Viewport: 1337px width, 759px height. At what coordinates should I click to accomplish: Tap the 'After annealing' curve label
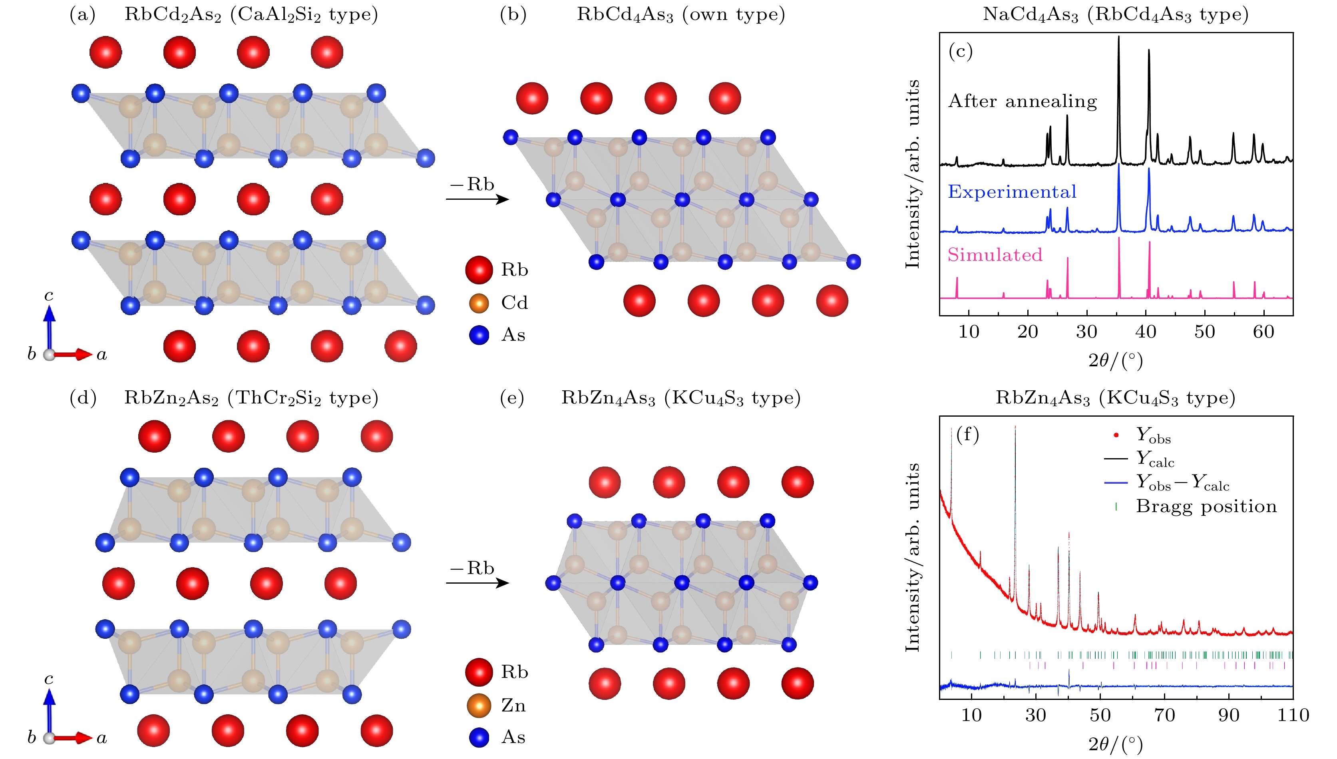[x=1022, y=101]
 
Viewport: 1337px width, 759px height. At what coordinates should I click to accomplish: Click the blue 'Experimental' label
[x=1012, y=192]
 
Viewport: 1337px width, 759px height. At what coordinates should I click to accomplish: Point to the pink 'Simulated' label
[x=995, y=255]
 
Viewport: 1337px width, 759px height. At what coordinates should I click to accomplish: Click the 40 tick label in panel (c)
[x=1146, y=332]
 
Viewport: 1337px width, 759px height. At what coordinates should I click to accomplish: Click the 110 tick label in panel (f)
[x=1293, y=715]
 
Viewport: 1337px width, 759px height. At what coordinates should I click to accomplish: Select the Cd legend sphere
[x=479, y=303]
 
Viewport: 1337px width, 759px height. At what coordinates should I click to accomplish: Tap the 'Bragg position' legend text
[x=1206, y=507]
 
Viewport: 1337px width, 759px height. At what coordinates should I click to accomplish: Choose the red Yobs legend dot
[x=1116, y=435]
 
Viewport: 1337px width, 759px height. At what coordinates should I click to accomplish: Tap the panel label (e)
[x=511, y=398]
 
